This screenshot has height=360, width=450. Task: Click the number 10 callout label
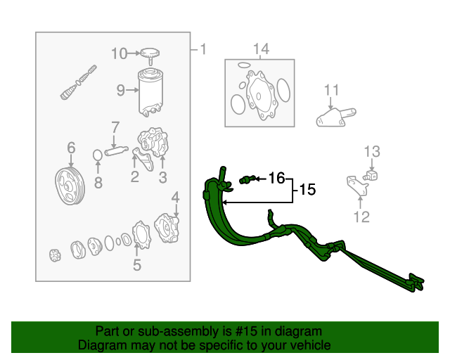[119, 53]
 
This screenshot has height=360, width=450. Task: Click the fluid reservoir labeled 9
[150, 92]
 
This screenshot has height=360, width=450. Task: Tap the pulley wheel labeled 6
[70, 186]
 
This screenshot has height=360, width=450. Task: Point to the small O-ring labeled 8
[98, 155]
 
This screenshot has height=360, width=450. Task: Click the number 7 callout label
[115, 127]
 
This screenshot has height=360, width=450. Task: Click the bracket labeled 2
[143, 159]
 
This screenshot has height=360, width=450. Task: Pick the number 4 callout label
[175, 198]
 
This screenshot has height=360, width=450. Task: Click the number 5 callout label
[137, 264]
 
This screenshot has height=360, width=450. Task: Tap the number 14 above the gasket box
[261, 49]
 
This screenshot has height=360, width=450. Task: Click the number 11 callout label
[331, 90]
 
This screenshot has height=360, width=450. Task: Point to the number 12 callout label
[361, 217]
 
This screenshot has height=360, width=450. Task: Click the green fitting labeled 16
[247, 179]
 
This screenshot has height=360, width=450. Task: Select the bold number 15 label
[307, 190]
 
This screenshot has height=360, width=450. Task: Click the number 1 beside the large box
[203, 49]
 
